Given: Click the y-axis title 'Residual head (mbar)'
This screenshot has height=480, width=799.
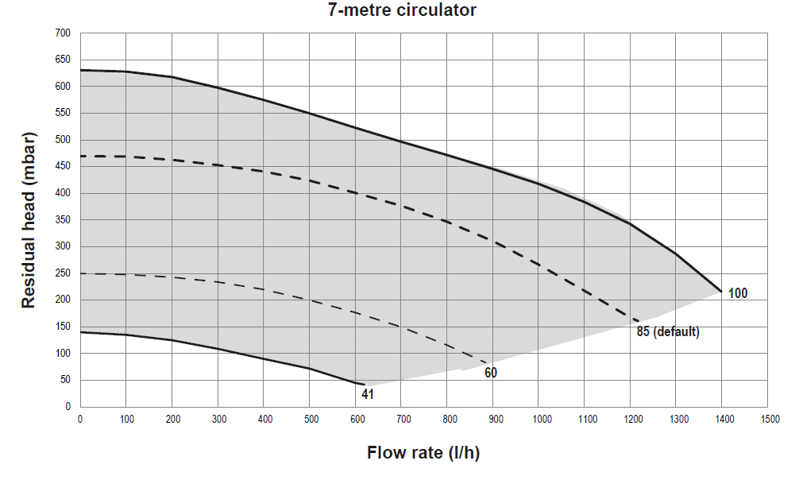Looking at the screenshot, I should point(29,220).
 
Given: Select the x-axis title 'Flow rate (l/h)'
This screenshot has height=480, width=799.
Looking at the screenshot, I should point(423,454).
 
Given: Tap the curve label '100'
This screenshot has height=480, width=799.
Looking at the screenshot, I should point(738,294).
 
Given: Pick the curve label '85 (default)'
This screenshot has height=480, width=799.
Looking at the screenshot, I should point(668,332).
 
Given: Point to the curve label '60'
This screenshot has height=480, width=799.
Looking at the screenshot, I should point(492,373).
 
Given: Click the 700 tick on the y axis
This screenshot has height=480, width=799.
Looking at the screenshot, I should point(63,33).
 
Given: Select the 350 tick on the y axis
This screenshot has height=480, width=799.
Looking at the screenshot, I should point(63,220).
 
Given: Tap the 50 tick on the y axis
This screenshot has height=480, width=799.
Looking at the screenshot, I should point(65,380).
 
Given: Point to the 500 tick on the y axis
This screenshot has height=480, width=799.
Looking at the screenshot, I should point(63,140).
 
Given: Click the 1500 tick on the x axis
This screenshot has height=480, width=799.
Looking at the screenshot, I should point(769,418).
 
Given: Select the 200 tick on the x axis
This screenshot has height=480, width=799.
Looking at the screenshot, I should point(172,418).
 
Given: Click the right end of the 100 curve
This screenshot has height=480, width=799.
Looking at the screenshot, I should point(722,292).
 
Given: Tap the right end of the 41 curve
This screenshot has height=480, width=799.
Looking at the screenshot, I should point(365,385).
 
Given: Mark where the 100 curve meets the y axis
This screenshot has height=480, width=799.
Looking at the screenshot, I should point(80,70).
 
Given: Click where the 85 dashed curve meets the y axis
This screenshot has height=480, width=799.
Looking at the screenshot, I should point(80,156).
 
